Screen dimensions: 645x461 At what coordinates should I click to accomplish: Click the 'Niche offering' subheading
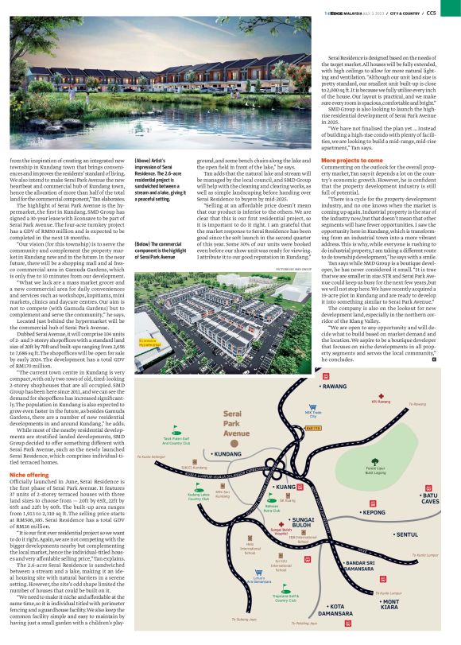tap(25, 452)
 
